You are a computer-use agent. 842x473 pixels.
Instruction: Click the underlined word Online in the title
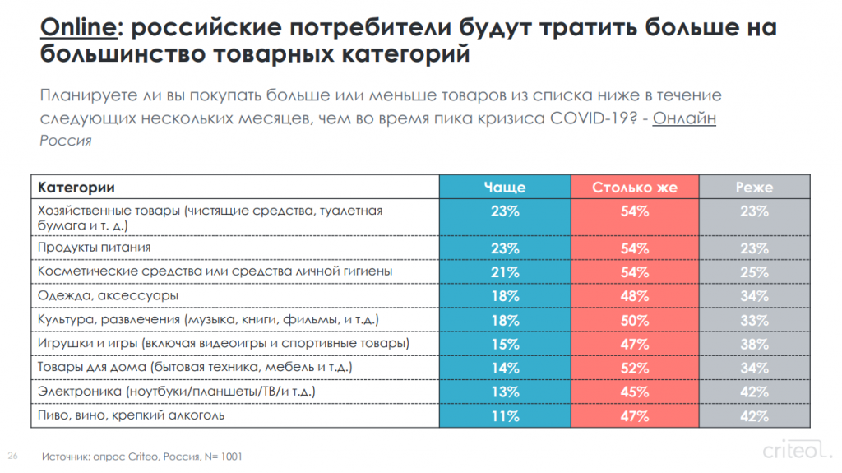(77, 28)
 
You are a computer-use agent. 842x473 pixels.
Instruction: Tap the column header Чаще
(504, 188)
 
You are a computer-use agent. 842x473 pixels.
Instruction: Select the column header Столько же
(635, 188)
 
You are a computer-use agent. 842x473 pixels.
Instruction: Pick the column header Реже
(753, 188)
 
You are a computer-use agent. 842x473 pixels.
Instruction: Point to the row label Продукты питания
(95, 248)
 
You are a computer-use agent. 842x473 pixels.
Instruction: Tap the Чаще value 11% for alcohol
(504, 416)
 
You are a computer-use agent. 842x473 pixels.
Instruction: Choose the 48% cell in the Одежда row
(635, 295)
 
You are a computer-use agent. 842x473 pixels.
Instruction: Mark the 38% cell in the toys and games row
(753, 344)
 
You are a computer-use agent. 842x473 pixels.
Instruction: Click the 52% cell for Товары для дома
(635, 368)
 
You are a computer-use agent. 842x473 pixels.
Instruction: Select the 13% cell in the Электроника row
(504, 392)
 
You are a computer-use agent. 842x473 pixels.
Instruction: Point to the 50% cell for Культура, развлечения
(635, 319)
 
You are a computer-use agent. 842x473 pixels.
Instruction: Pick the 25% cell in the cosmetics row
(753, 271)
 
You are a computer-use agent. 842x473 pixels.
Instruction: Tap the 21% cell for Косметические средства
(504, 271)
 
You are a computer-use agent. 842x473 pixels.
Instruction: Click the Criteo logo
(793, 452)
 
